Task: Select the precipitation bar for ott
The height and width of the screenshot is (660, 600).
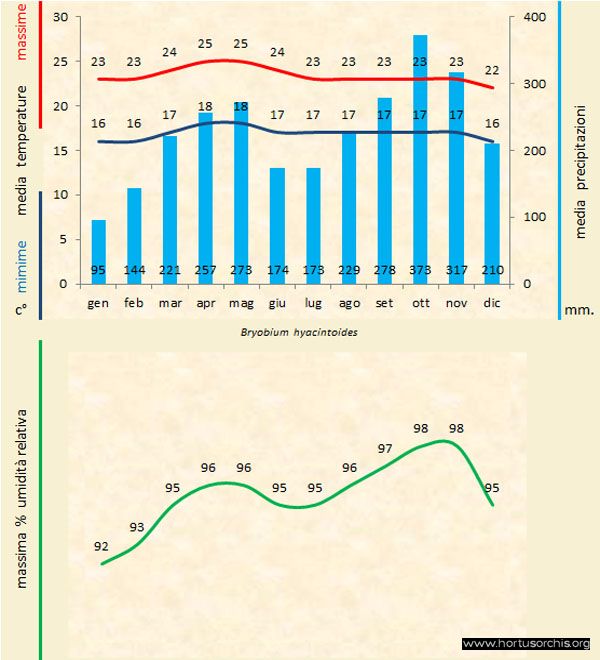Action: [x=420, y=160]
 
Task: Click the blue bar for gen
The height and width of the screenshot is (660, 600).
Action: [x=98, y=250]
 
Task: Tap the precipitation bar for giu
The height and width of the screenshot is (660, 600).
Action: [x=277, y=225]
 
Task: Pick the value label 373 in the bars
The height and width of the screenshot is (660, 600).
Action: [x=420, y=270]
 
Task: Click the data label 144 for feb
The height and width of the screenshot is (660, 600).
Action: [x=134, y=270]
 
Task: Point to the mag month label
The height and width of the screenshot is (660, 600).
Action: [x=241, y=302]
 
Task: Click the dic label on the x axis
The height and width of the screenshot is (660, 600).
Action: [x=491, y=302]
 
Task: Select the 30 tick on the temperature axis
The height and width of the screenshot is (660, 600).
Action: [x=59, y=18]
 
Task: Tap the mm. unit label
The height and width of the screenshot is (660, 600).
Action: [x=580, y=310]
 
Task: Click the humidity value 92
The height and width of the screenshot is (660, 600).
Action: [x=101, y=546]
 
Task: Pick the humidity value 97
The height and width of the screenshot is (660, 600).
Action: [x=385, y=448]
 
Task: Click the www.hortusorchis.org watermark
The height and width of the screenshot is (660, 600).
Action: [x=527, y=643]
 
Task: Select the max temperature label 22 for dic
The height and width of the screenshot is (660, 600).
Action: [x=491, y=70]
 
